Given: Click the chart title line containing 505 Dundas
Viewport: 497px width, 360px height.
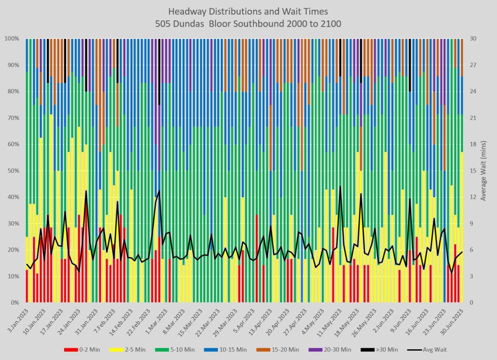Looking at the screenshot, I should (248, 23).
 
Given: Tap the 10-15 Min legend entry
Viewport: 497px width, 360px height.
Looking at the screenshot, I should (231, 349).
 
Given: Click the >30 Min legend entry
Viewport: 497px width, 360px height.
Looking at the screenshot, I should (382, 349).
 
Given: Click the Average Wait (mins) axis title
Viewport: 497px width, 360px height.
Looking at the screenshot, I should (484, 171).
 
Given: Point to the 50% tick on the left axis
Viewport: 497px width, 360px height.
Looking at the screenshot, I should (12, 171).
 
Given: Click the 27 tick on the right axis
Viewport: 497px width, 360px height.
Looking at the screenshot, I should (472, 65).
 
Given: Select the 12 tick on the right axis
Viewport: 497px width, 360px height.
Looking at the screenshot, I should (472, 197).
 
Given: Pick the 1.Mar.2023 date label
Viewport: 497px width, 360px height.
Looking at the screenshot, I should (154, 318).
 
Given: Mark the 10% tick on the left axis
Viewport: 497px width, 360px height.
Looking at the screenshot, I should (12, 276).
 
